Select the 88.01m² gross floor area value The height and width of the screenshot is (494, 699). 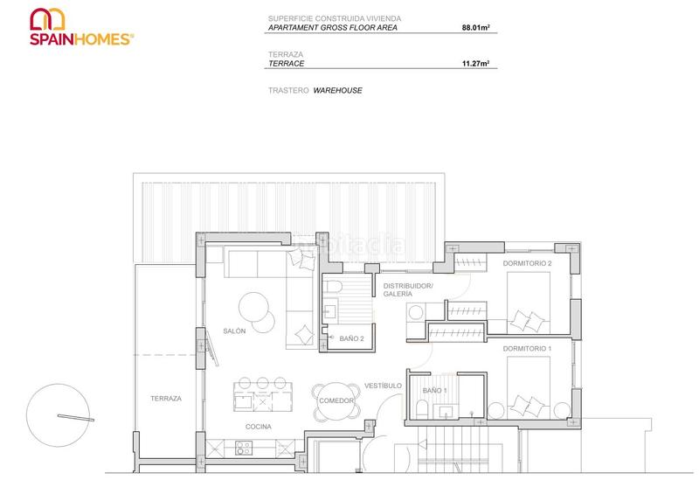[475, 28]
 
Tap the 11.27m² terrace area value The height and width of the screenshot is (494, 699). [475, 64]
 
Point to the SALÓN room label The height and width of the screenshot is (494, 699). [234, 330]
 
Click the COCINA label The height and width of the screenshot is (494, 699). [258, 427]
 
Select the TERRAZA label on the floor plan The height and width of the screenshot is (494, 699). [165, 398]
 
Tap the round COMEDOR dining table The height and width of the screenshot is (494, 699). [336, 400]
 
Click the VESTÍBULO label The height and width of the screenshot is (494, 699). [383, 386]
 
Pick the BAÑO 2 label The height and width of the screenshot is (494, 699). [351, 338]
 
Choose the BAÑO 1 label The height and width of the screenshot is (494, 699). [434, 390]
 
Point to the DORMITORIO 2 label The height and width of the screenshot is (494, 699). [527, 263]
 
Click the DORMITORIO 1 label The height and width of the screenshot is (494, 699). [527, 349]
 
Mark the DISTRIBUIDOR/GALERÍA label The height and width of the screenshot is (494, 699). [408, 289]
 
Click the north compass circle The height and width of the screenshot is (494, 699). [59, 415]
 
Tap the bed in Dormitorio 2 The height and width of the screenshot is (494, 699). [529, 302]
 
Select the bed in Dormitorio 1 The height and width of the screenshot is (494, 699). [529, 386]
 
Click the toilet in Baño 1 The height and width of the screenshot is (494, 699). [420, 411]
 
